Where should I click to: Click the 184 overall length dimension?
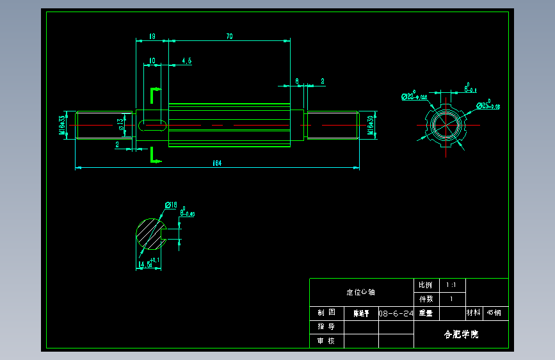click(216, 163)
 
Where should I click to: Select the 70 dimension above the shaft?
click(229, 37)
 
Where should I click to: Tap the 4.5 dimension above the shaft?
click(187, 61)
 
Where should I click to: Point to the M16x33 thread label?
click(63, 125)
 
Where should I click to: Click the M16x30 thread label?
click(371, 125)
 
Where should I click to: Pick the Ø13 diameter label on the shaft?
click(121, 124)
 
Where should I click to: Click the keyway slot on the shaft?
click(152, 124)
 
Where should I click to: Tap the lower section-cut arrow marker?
click(154, 154)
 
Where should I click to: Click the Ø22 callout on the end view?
click(414, 97)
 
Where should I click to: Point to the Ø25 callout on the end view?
click(488, 106)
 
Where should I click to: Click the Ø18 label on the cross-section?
click(171, 205)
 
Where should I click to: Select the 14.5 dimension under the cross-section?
click(148, 263)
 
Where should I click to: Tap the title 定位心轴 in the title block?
click(361, 292)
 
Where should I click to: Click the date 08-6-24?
click(396, 314)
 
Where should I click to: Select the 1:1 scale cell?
click(451, 284)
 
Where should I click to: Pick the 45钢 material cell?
click(494, 313)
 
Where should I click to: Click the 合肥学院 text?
click(461, 334)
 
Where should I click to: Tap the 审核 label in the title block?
click(326, 341)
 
